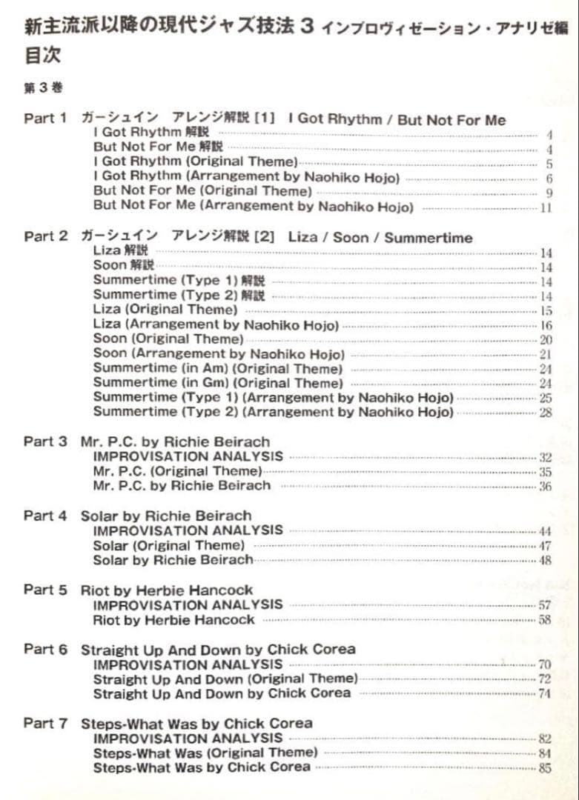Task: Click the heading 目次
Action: tap(42, 56)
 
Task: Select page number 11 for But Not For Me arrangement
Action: tap(546, 208)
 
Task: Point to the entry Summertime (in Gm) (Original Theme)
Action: tap(218, 383)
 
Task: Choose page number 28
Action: tap(545, 413)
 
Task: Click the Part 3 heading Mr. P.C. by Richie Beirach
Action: tap(175, 441)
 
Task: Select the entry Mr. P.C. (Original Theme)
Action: tap(177, 471)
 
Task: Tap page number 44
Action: tap(545, 531)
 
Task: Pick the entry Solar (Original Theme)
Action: tap(169, 545)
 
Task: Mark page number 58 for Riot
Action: tap(545, 620)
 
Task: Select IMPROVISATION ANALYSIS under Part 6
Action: tap(188, 664)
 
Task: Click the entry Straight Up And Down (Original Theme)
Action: tap(225, 679)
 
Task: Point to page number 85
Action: tap(545, 768)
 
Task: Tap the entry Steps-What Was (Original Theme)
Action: tap(205, 753)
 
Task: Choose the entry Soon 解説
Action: tap(124, 265)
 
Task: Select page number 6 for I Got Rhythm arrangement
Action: tap(549, 179)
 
